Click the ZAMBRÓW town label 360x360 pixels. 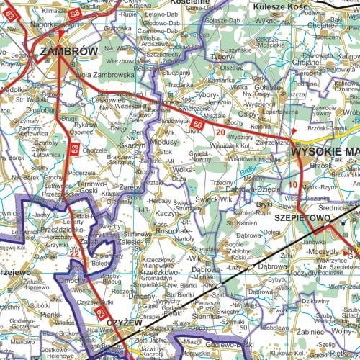[x=69, y=51]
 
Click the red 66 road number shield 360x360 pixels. [x=197, y=125]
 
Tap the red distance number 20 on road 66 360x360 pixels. [x=219, y=133]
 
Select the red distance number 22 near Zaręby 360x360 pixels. [x=74, y=253]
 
